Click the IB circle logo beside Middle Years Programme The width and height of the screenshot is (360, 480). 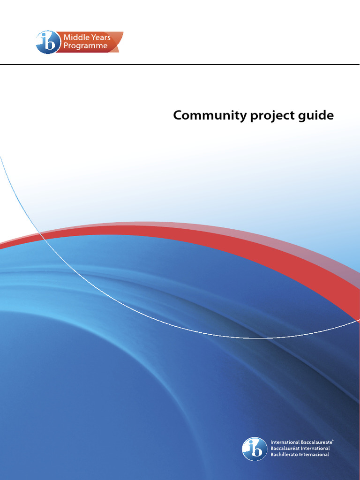[48, 42]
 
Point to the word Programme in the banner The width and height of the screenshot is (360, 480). [85, 46]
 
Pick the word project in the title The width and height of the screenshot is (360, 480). [266, 116]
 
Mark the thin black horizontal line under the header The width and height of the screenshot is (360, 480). [180, 65]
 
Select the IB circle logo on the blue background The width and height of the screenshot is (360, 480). [255, 449]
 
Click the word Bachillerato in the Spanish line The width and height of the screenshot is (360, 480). [286, 454]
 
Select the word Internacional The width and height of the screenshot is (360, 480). [316, 454]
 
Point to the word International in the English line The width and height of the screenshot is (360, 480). [285, 442]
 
